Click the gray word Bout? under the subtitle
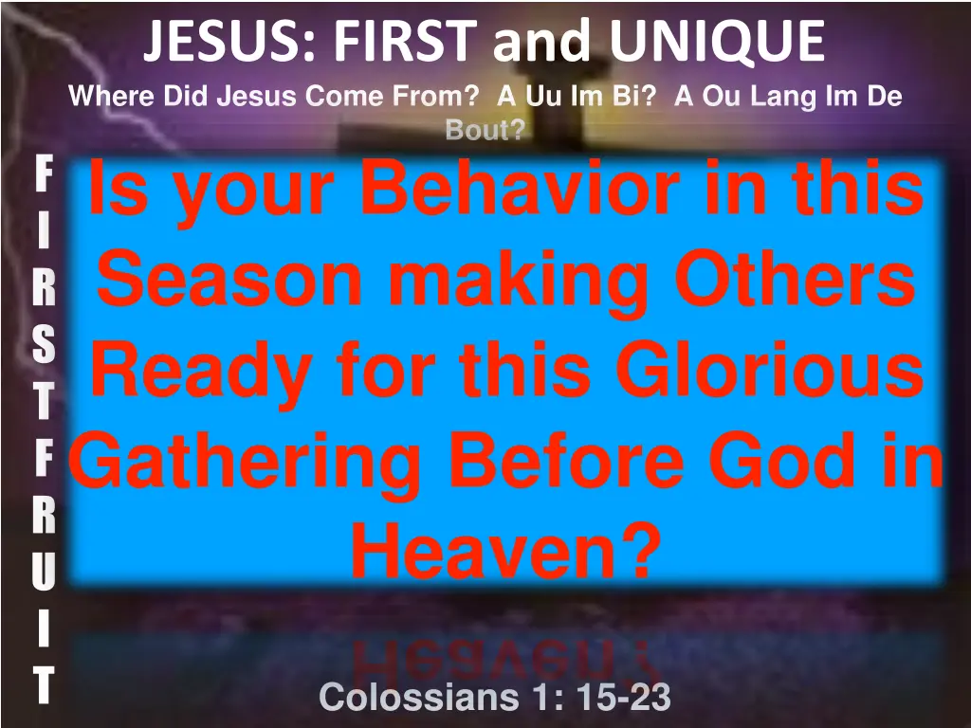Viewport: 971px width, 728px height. tap(485, 131)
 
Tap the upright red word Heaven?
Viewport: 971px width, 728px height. tap(504, 552)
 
